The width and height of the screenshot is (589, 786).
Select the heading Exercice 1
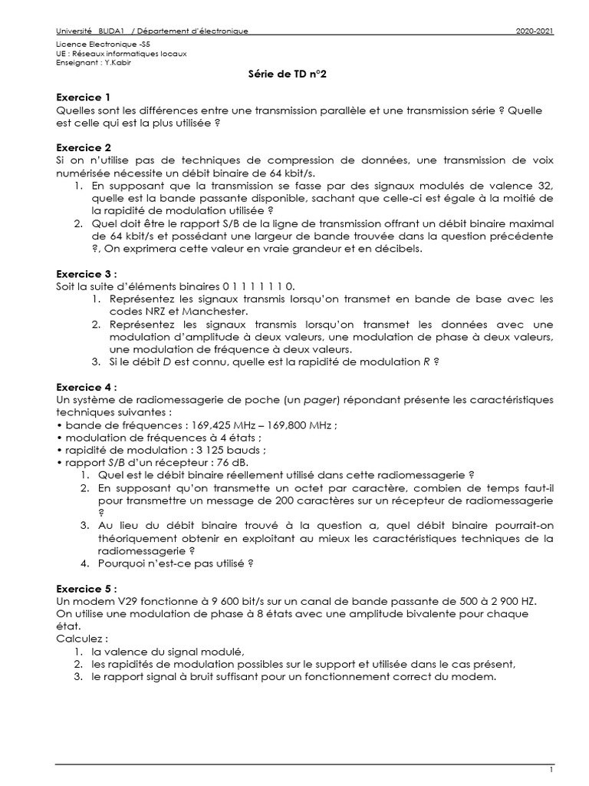click(x=84, y=97)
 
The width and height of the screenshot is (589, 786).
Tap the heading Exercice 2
click(x=84, y=147)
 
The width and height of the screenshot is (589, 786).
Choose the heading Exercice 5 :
click(x=87, y=588)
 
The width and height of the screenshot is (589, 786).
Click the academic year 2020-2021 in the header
click(x=535, y=31)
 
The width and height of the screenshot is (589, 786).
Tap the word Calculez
click(x=79, y=638)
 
